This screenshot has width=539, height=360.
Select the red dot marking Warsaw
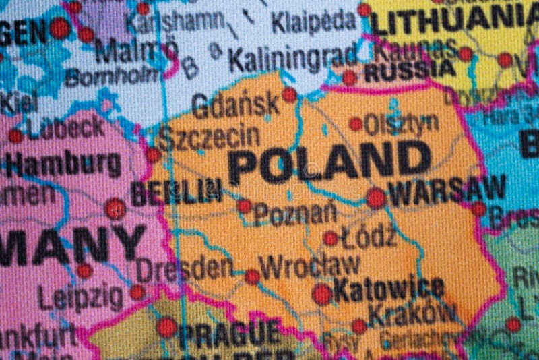376,198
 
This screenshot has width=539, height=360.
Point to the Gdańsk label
235,104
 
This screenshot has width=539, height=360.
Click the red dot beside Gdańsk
289,95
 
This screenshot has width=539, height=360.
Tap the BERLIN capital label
177,192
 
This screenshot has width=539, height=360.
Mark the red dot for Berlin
115,208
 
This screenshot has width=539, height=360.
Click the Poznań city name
296,214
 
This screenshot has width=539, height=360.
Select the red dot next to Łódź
330,238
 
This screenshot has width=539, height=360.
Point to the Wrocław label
311,266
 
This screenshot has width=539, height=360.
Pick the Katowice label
389,290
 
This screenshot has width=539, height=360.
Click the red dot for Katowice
322,294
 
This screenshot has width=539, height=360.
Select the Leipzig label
80,297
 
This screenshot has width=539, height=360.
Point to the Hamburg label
63,164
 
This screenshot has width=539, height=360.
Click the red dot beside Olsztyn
355,124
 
